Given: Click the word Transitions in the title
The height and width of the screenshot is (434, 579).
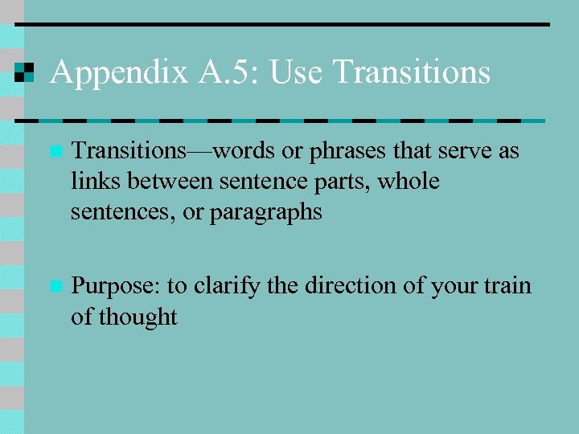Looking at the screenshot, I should pos(411,73).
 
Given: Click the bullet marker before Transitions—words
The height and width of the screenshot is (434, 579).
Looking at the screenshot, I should pos(54,151).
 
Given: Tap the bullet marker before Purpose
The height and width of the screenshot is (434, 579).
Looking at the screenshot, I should pos(54,286).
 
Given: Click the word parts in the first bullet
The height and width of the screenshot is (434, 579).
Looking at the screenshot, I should pos(345,182).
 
